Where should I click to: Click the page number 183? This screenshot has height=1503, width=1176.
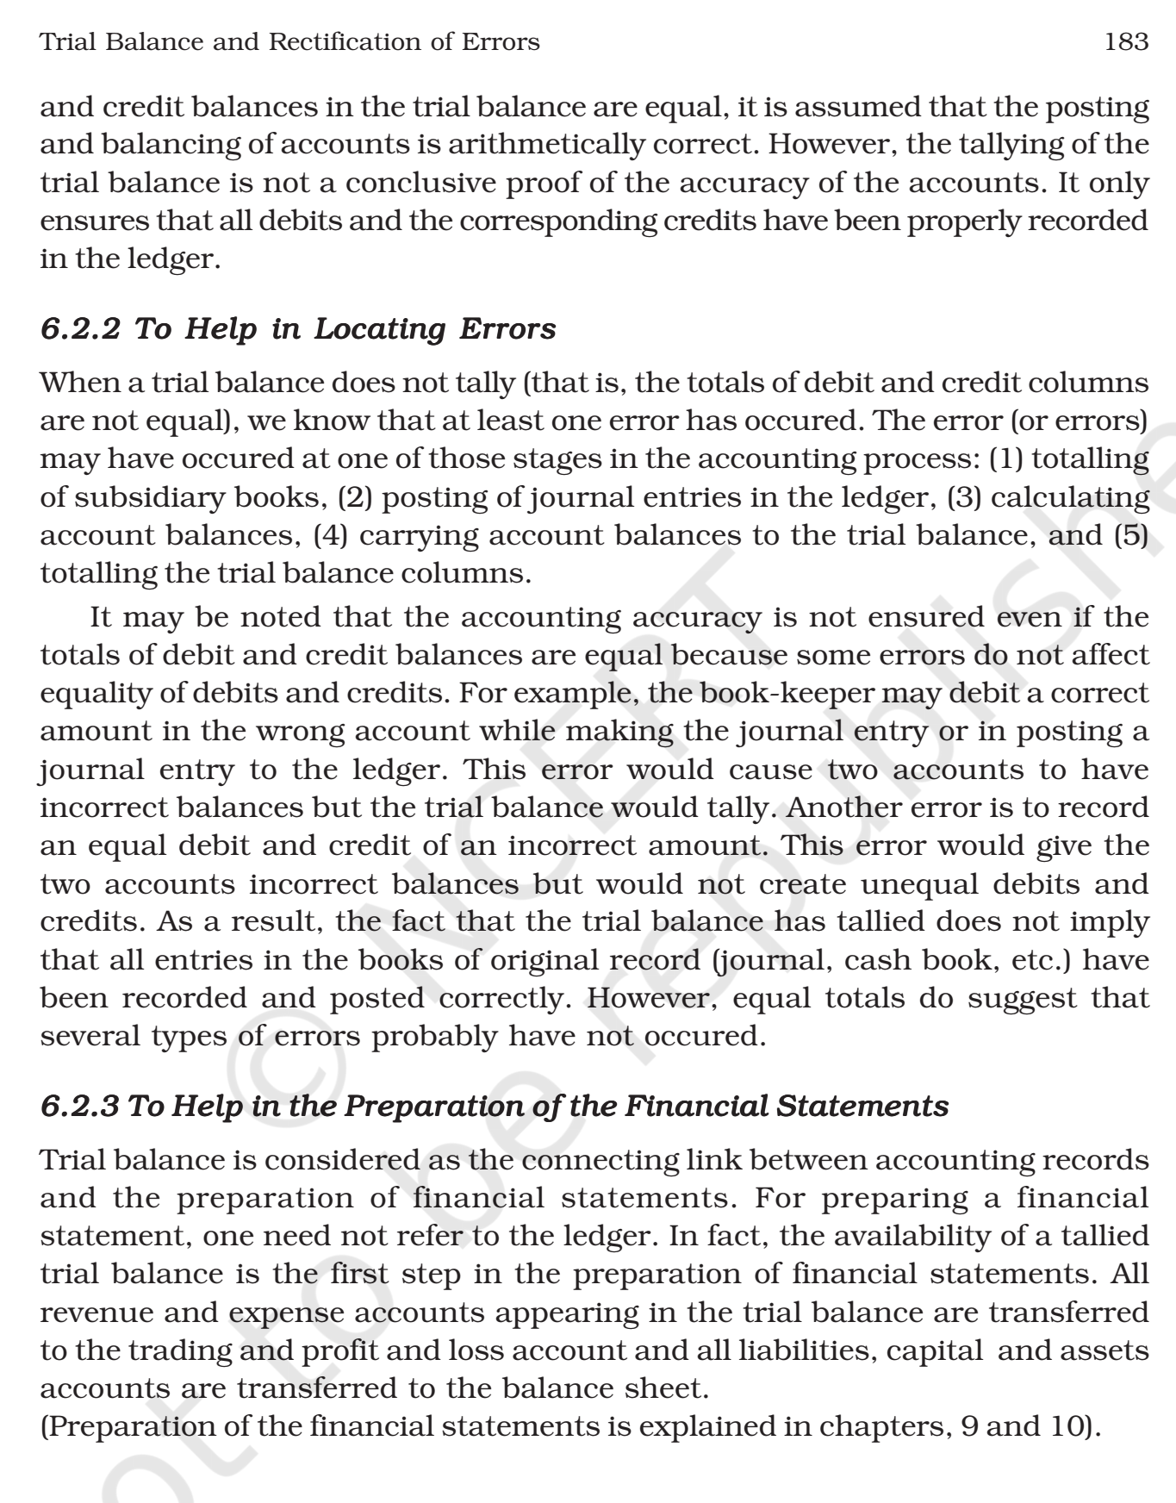coord(1127,41)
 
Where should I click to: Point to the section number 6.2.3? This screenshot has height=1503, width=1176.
coord(80,1106)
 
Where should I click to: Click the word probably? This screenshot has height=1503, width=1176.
coord(434,1036)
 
